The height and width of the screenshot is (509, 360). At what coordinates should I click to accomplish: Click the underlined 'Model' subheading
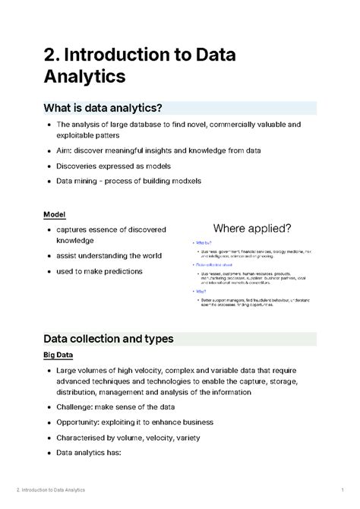[56, 214]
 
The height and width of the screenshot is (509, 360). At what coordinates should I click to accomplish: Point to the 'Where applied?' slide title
[252, 229]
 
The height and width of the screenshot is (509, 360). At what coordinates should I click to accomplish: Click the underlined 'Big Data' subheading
[62, 356]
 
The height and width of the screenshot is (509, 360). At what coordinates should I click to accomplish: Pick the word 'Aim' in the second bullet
[65, 150]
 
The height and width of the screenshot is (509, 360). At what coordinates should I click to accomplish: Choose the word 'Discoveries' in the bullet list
[81, 166]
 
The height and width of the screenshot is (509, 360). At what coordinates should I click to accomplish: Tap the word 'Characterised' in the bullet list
[87, 438]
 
